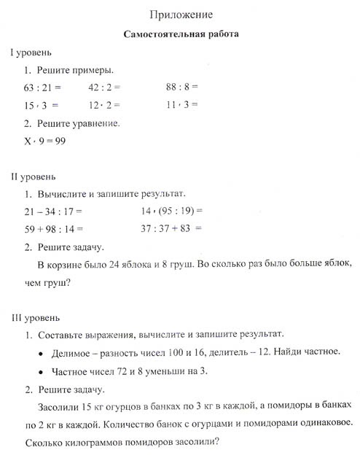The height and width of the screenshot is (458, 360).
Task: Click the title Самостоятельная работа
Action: click(x=179, y=34)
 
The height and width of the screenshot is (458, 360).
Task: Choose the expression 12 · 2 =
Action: click(x=103, y=105)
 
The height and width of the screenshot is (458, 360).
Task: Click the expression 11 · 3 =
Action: click(x=182, y=105)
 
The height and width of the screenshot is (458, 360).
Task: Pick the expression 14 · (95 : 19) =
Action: click(x=171, y=211)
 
